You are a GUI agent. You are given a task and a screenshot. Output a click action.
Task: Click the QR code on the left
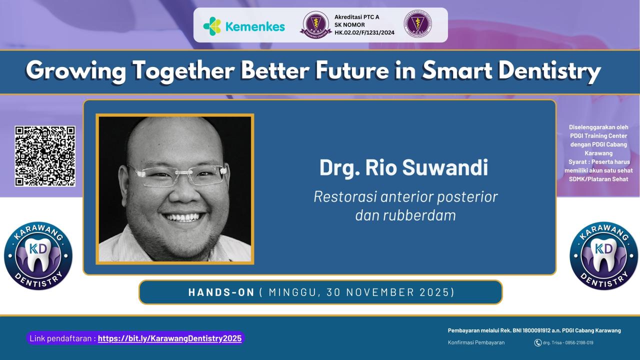[x=45, y=156]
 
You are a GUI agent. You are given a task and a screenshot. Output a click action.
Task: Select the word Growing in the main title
[x=76, y=71]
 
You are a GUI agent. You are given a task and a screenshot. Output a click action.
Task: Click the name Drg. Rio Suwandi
[x=403, y=168]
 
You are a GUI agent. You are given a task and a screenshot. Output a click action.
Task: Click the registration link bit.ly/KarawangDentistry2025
[x=169, y=338]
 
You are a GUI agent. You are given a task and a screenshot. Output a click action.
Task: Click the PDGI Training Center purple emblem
[x=315, y=24]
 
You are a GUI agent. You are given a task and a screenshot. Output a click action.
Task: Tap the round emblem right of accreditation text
[x=417, y=24]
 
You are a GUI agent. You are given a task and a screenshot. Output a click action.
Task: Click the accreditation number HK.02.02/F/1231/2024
[x=364, y=33]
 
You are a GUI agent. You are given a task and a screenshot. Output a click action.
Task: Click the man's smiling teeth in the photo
[x=182, y=217]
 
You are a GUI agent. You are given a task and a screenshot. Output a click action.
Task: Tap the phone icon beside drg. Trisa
[x=538, y=342]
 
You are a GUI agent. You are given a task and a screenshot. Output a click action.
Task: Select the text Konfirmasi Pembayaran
[x=476, y=342]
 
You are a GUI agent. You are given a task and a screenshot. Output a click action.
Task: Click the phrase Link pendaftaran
[x=62, y=338]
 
